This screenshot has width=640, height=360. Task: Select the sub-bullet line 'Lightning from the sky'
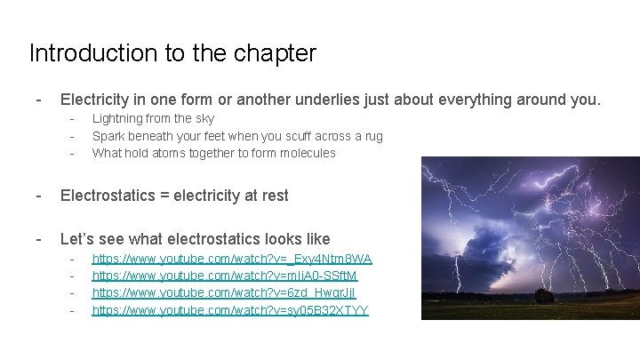(153, 118)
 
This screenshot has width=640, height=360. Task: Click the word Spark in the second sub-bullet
(108, 136)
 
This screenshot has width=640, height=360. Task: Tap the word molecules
(305, 153)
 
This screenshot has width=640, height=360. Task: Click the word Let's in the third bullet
(79, 238)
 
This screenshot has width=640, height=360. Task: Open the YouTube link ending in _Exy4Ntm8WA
(232, 259)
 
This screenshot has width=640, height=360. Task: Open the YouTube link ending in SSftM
(225, 276)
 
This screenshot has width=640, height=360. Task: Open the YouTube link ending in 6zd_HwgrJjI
(224, 292)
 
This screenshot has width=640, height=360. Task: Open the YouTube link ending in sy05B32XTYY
(230, 310)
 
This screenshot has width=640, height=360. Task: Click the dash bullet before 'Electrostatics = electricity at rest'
(37, 195)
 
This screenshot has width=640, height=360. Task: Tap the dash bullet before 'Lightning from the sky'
(71, 118)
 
